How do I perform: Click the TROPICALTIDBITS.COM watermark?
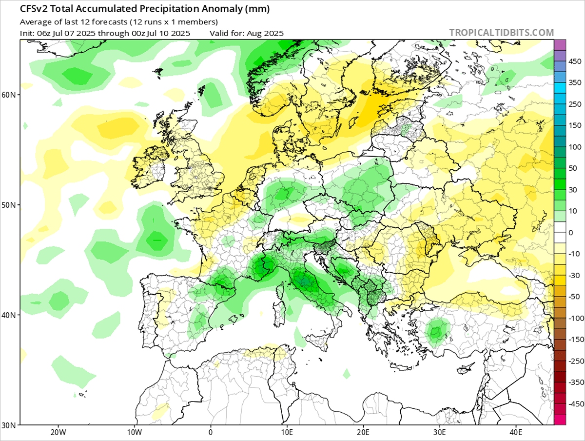(x=501, y=33)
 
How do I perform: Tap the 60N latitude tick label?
(x=9, y=94)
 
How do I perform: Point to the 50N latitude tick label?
(x=9, y=204)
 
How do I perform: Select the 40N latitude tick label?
(x=9, y=315)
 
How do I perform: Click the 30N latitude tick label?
(x=9, y=424)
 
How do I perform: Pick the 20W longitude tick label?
(x=58, y=432)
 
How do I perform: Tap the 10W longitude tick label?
(x=134, y=432)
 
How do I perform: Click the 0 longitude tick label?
(x=211, y=432)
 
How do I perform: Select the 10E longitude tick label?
(x=287, y=432)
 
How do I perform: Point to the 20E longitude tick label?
(x=363, y=432)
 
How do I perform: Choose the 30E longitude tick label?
(x=439, y=432)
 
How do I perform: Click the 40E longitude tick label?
(x=516, y=432)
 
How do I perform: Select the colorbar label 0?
(x=571, y=232)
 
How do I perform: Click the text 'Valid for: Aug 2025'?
(x=247, y=33)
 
